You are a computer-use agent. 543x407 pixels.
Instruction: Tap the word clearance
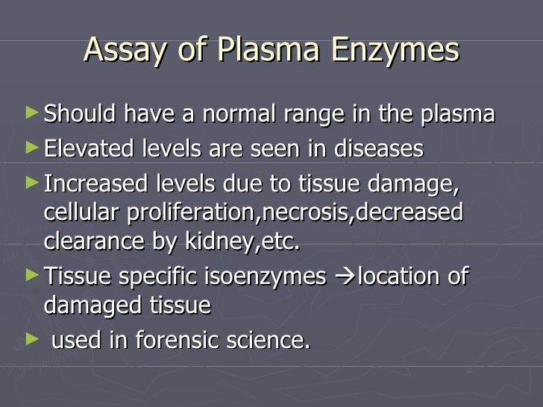(87, 242)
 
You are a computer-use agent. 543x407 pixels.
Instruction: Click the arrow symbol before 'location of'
(343, 277)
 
